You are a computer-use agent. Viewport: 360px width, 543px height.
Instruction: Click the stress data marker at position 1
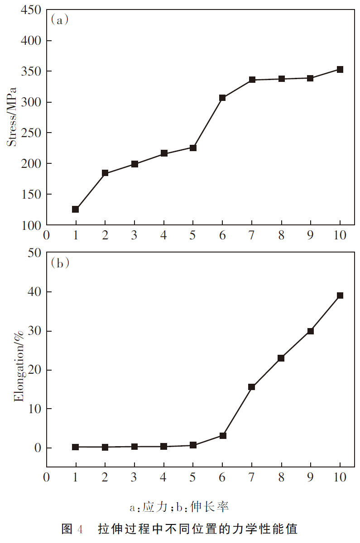click(76, 210)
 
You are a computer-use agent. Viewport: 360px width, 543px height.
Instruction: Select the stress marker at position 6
click(222, 98)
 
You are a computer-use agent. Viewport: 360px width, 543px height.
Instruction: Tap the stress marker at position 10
click(340, 70)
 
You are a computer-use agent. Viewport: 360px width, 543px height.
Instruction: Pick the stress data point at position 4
click(164, 153)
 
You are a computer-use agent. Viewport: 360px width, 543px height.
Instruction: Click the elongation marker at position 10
click(340, 295)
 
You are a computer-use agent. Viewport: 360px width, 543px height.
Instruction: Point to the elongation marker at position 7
click(252, 387)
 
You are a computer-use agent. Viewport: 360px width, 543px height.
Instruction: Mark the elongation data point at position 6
click(222, 436)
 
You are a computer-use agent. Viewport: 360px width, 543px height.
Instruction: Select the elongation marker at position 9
click(310, 331)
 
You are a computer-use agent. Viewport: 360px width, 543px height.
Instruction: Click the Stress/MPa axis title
click(13, 117)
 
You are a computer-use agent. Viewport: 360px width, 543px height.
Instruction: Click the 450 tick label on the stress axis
click(31, 10)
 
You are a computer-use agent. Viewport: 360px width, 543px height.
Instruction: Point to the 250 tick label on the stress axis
click(31, 133)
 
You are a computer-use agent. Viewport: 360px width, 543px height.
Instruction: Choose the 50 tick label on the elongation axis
click(34, 253)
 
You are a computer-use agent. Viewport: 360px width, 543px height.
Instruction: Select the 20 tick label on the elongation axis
click(34, 370)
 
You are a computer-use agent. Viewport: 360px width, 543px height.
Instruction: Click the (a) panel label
click(60, 20)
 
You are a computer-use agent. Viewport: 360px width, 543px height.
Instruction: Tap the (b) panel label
click(60, 263)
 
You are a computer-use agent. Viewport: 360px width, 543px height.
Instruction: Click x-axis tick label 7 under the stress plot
click(252, 235)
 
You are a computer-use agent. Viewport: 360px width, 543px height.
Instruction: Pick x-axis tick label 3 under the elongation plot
click(134, 477)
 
